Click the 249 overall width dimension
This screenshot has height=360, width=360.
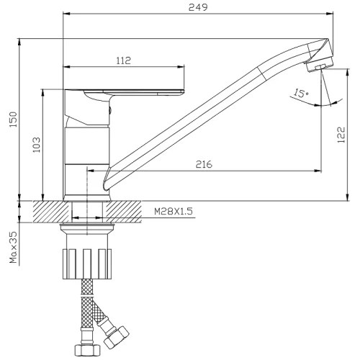tap(198, 7)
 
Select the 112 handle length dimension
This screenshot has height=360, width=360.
tap(124, 60)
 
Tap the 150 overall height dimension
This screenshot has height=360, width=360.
tap(14, 120)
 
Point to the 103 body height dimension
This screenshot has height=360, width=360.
tap(36, 145)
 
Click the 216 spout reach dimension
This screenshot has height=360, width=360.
tap(204, 164)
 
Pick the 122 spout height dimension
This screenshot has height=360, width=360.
tap(341, 135)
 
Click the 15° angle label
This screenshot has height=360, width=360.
tap(301, 93)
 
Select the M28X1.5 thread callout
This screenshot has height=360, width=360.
tap(174, 212)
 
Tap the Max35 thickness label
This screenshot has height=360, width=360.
tap(14, 247)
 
